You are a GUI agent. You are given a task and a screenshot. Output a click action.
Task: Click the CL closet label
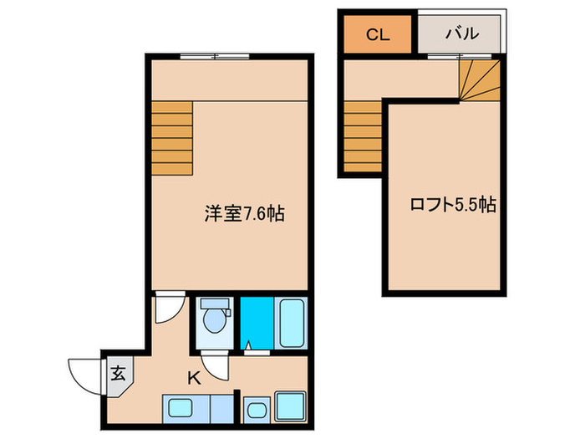(x=377, y=35)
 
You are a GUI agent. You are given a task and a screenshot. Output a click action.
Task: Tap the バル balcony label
(x=461, y=34)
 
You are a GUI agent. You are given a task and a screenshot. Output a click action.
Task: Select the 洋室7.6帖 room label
(x=245, y=214)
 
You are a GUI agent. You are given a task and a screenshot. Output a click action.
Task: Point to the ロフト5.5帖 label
(x=452, y=203)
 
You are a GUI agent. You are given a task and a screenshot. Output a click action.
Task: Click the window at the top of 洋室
(x=214, y=56)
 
